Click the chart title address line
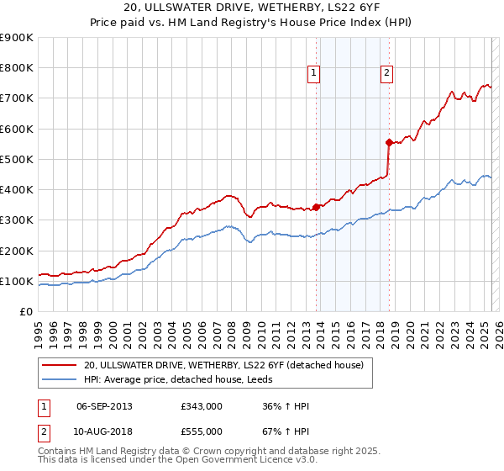[252, 9]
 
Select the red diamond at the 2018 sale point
[389, 142]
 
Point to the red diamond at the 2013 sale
[316, 207]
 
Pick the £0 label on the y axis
[25, 312]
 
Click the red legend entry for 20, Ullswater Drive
[223, 365]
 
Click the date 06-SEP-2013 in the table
[104, 406]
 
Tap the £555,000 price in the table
[200, 431]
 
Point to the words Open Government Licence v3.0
[234, 462]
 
